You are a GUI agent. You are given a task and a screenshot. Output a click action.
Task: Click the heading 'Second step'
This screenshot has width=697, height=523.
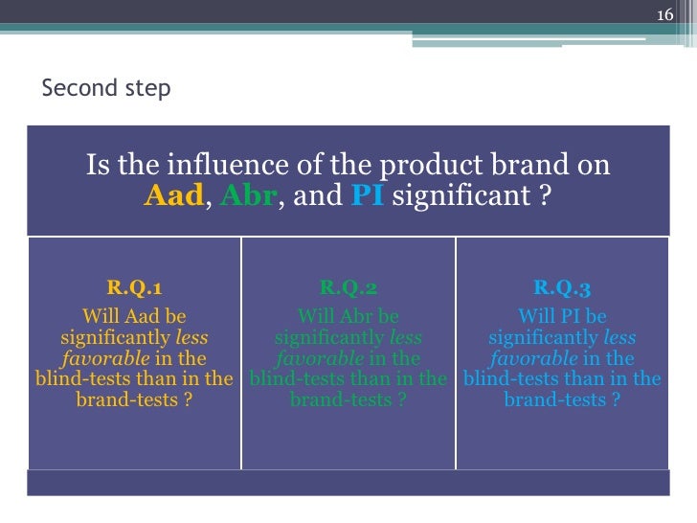pyautogui.click(x=106, y=89)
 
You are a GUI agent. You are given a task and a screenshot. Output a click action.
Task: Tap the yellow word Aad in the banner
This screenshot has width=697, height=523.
pyautogui.click(x=173, y=197)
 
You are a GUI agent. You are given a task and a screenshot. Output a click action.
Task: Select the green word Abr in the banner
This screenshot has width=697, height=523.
pyautogui.click(x=248, y=197)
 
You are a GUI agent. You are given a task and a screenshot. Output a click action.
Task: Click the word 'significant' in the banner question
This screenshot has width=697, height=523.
pyautogui.click(x=466, y=197)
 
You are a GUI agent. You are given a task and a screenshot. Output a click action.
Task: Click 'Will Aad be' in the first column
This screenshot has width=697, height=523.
pyautogui.click(x=134, y=316)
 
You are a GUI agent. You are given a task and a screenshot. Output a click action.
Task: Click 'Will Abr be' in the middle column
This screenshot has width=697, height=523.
pyautogui.click(x=348, y=316)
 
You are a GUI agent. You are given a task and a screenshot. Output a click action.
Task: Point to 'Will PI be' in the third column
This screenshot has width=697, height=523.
pyautogui.click(x=562, y=316)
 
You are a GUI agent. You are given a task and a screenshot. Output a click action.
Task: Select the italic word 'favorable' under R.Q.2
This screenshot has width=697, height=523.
pyautogui.click(x=319, y=358)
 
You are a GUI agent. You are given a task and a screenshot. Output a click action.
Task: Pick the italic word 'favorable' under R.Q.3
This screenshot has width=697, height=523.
pyautogui.click(x=533, y=358)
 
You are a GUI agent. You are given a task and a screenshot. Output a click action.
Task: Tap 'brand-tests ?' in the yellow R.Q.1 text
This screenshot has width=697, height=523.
pyautogui.click(x=134, y=399)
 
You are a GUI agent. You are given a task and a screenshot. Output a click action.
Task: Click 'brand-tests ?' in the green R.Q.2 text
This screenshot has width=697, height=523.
pyautogui.click(x=348, y=399)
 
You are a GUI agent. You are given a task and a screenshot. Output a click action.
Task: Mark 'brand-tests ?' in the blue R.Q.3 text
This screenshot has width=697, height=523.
pyautogui.click(x=562, y=399)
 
